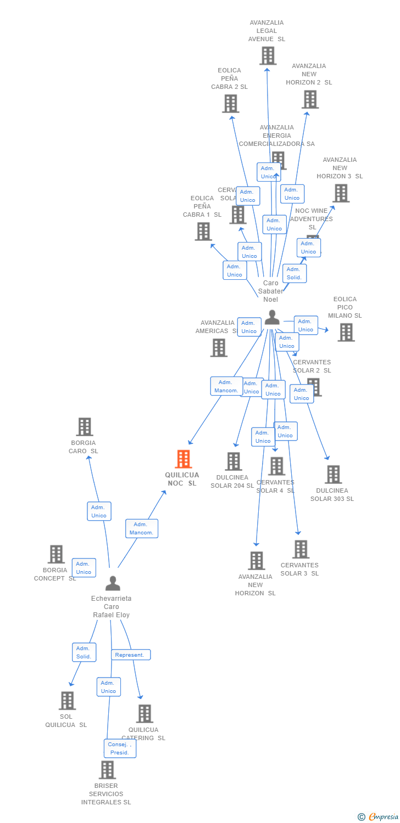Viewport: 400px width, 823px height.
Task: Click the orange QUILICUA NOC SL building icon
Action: (183, 459)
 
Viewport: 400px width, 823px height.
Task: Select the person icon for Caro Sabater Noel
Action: (272, 318)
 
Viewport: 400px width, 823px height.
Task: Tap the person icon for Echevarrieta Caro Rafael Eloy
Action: (113, 583)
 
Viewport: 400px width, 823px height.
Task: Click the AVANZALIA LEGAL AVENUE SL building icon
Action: (268, 56)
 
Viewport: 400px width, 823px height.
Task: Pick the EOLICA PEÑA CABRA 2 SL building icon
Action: (231, 103)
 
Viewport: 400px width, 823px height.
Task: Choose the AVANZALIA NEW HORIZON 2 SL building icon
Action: (310, 99)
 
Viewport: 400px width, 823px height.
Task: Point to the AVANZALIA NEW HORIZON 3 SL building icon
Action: (341, 193)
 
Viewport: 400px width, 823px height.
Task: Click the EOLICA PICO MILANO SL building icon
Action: (346, 332)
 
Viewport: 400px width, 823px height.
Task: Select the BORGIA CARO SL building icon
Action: (84, 427)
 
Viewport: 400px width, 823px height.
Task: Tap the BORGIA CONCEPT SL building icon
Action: (56, 554)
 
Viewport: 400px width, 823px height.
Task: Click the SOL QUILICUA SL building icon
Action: (67, 701)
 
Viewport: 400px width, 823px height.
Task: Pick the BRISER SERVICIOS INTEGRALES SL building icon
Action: (107, 770)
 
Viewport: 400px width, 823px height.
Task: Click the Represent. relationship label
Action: (131, 655)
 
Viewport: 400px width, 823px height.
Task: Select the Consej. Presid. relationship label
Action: (120, 748)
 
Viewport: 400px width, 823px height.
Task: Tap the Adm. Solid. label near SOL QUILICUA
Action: (84, 652)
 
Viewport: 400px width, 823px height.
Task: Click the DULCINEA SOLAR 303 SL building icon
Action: (333, 475)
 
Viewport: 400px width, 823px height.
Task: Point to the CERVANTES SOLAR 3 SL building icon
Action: (301, 549)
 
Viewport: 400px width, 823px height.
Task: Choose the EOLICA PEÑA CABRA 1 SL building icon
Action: (203, 232)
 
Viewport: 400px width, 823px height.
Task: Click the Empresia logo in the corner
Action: (379, 817)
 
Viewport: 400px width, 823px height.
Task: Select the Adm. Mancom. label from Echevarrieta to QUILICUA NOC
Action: (141, 528)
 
